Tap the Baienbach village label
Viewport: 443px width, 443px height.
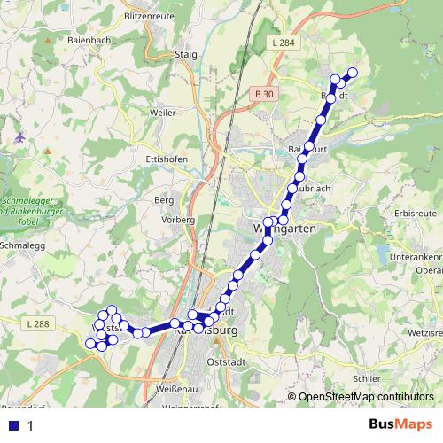pos(89,40)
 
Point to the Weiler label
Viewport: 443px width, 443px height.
pos(163,113)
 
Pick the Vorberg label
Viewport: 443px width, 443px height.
pos(177,219)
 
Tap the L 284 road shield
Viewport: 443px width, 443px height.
pos(284,43)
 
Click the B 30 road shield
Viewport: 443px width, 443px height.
pos(260,92)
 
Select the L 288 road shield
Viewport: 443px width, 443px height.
pos(38,324)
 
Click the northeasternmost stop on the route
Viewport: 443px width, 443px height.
pos(353,73)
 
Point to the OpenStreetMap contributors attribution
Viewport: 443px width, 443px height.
pos(366,397)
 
